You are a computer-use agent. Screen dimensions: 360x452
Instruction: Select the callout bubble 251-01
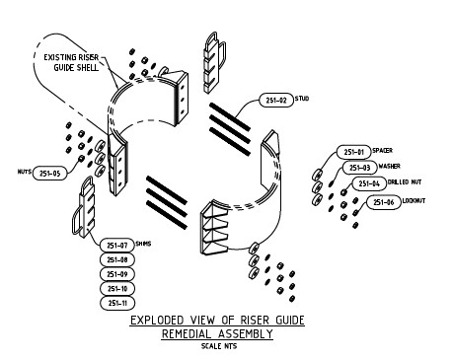pos(352,152)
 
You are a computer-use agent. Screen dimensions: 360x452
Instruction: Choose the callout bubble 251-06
pos(384,202)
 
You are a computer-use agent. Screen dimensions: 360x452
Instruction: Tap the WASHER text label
pos(397,168)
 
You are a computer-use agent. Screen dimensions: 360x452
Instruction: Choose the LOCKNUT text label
pos(422,202)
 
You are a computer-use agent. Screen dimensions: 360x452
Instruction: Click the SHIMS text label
pos(156,243)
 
